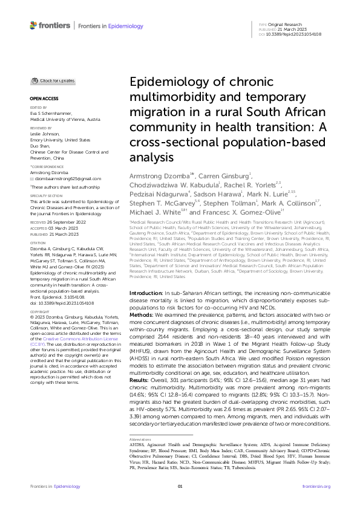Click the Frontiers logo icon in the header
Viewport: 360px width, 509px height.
34,25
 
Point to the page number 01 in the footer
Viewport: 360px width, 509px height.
180,486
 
